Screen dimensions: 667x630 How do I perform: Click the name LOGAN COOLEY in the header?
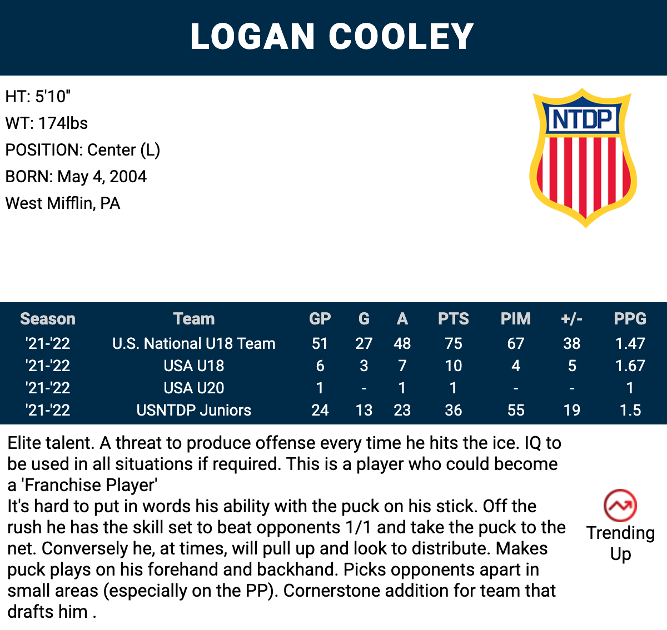click(332, 37)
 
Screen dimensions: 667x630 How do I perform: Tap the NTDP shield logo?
click(583, 158)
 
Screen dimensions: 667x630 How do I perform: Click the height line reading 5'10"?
click(38, 97)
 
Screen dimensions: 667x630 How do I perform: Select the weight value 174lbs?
click(63, 123)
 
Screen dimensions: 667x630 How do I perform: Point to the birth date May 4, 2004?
click(102, 177)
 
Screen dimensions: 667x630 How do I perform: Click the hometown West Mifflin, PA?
click(63, 203)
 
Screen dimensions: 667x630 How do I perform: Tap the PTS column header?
click(454, 318)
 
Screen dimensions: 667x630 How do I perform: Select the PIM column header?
click(515, 318)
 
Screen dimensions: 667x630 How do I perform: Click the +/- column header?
click(571, 319)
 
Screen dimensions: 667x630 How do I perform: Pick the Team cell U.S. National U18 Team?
click(194, 343)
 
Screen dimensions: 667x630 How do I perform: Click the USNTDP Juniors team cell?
click(194, 411)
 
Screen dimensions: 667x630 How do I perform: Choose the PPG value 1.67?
click(630, 366)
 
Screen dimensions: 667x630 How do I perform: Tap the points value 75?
click(454, 343)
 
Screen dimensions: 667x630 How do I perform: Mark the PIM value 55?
click(515, 411)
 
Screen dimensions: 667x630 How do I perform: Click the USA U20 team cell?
click(194, 388)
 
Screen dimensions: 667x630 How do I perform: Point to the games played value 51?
click(320, 343)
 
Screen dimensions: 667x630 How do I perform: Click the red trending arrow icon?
click(620, 506)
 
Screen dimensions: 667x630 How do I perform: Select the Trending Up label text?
click(620, 543)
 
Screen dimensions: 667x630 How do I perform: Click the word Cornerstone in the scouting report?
click(331, 591)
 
